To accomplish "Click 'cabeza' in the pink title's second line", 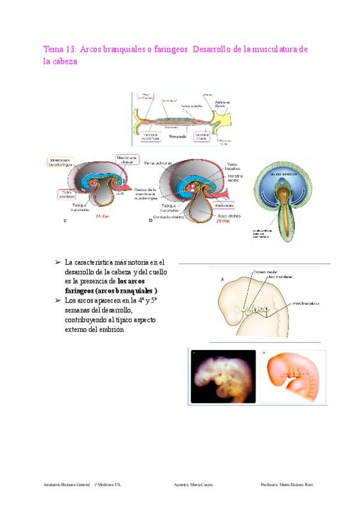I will [64, 61].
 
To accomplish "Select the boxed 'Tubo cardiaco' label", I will [65, 194].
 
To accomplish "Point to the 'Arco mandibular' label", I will [280, 277].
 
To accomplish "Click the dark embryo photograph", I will [223, 376].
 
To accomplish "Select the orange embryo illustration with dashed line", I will [293, 376].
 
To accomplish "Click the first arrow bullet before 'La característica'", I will [58, 263].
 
